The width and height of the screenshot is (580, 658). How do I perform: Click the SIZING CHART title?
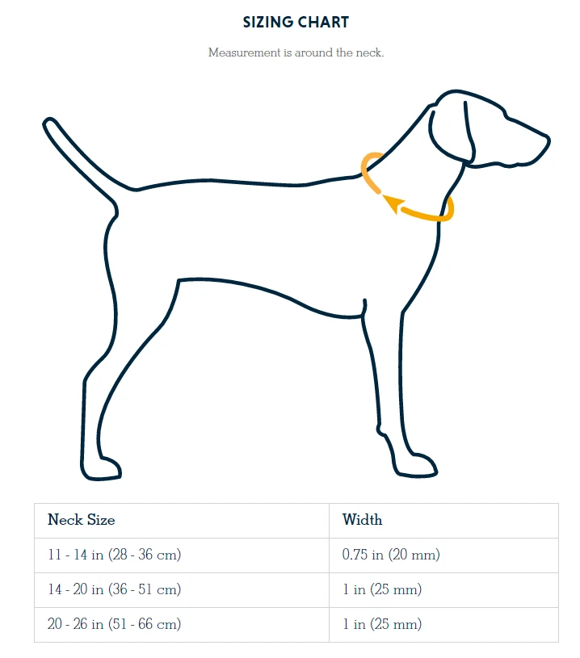click(x=296, y=22)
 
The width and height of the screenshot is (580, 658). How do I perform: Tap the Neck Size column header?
click(x=81, y=519)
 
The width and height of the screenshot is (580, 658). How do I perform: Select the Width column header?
click(x=362, y=519)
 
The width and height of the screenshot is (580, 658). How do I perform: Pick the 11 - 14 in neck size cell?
click(x=114, y=555)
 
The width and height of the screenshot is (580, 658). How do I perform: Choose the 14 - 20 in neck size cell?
click(x=114, y=589)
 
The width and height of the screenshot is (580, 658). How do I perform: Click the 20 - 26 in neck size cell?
click(x=114, y=624)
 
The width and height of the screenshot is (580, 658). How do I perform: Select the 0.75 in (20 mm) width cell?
click(x=391, y=555)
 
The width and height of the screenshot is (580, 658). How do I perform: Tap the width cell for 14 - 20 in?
click(x=382, y=589)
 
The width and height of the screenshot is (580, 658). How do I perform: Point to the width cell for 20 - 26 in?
click(x=382, y=624)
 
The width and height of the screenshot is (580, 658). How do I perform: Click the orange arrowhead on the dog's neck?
click(x=393, y=204)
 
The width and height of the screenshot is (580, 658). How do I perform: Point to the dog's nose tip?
click(x=547, y=140)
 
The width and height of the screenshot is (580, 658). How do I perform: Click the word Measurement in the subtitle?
click(x=245, y=52)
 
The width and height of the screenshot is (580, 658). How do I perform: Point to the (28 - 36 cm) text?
click(x=145, y=555)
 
